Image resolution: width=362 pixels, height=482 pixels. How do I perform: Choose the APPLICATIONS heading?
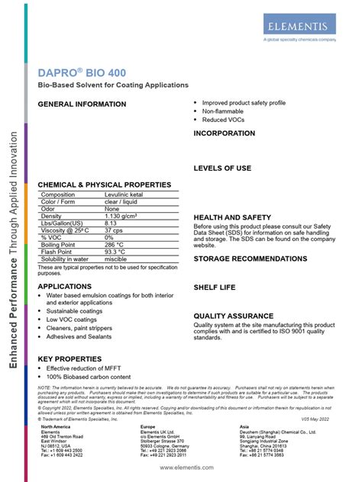pos(70,286)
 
